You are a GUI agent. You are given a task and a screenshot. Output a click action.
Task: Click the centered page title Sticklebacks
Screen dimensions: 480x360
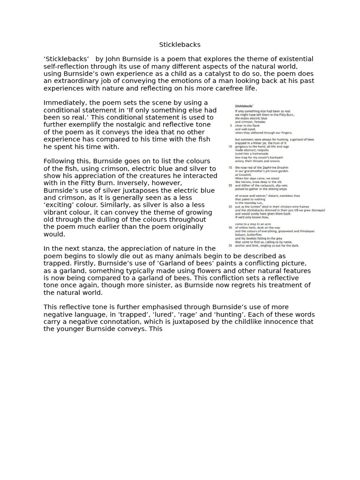click(x=180, y=45)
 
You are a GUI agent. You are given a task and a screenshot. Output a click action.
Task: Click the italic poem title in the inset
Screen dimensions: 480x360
click(x=244, y=106)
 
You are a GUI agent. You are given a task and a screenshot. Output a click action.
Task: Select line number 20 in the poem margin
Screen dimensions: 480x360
click(x=230, y=186)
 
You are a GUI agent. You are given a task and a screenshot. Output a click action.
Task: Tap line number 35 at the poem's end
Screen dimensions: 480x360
click(x=230, y=245)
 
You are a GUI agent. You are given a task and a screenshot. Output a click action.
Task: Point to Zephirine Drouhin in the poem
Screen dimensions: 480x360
click(x=273, y=167)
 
